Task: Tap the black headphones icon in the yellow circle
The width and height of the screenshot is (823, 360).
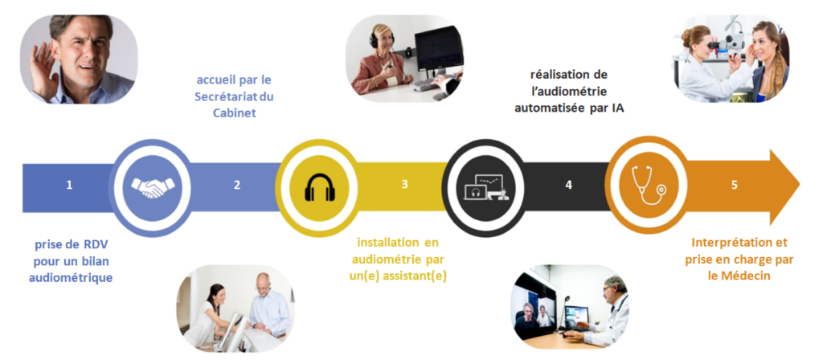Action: [x=320, y=187]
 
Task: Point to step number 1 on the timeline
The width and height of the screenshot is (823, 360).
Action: [x=69, y=186]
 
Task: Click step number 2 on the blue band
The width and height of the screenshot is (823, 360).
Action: [x=237, y=186]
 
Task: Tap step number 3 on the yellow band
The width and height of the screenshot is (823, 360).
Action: [x=404, y=186]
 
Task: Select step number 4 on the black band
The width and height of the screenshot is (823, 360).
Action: [x=568, y=186]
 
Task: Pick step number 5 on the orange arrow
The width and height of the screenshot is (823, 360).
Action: [x=735, y=186]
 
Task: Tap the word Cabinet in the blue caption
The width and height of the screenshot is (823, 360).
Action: [x=234, y=112]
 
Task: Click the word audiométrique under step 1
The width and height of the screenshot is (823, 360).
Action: [x=71, y=277]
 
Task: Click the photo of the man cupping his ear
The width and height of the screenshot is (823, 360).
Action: [x=79, y=59]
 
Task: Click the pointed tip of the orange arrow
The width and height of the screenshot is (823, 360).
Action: [x=800, y=186]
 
